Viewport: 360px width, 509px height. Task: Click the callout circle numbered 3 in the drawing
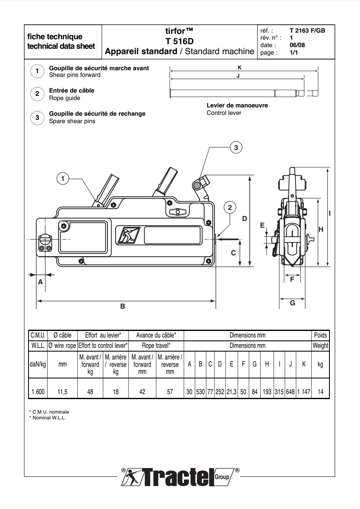236,147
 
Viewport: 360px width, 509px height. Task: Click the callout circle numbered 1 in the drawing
62,178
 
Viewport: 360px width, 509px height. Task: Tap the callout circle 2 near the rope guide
230,207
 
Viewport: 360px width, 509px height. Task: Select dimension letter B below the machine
123,306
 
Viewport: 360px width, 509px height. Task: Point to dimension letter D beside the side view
244,218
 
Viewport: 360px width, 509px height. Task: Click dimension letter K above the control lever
239,67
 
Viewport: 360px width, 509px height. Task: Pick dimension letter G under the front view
292,303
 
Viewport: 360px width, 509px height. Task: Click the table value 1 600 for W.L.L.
38,392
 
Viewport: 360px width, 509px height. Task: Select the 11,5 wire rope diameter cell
62,392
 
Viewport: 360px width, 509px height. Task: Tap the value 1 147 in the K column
304,392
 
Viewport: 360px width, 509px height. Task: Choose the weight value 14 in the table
320,392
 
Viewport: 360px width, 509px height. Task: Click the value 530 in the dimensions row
200,392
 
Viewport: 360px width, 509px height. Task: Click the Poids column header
320,335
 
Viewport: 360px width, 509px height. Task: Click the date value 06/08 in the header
297,45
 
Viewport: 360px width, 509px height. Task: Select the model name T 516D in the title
179,41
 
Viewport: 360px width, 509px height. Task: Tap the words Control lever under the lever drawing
224,113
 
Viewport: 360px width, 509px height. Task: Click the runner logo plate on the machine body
129,235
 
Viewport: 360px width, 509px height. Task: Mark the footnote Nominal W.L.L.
49,418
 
